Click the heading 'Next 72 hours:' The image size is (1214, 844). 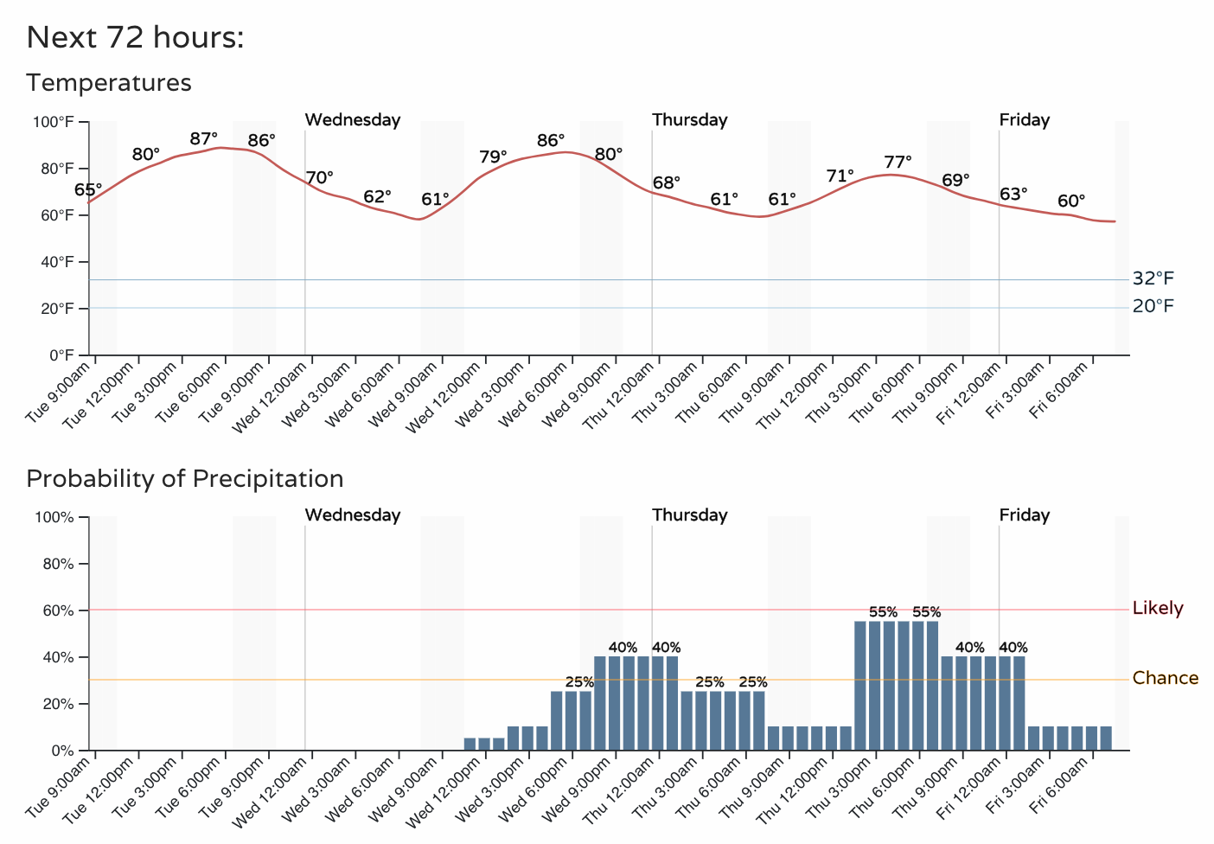135,37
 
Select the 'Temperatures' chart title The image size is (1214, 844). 108,83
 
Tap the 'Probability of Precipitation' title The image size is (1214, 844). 185,479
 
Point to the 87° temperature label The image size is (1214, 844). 204,138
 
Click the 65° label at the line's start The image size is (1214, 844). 88,189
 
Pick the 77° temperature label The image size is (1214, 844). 898,162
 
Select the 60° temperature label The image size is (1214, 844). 1071,201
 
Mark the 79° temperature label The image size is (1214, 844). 493,157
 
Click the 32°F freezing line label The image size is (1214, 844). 1153,278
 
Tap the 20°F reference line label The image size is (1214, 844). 1153,306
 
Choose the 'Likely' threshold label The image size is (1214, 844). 1158,608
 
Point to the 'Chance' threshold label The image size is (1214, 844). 1166,678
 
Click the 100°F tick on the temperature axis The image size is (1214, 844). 53,122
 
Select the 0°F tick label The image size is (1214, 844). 61,355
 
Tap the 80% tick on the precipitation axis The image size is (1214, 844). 58,565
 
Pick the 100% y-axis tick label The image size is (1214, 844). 54,518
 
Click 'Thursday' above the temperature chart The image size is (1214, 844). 690,120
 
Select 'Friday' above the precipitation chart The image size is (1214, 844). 1025,515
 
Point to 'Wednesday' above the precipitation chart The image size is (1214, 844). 353,515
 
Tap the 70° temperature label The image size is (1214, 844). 320,178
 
